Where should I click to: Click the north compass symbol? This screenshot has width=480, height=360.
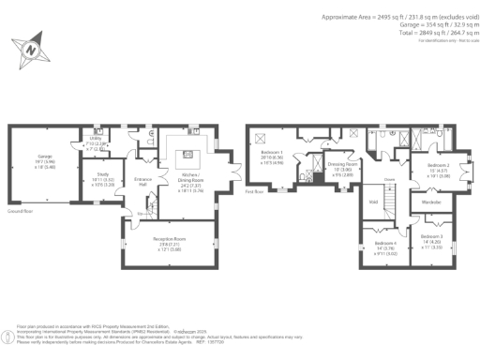pyautogui.click(x=33, y=47)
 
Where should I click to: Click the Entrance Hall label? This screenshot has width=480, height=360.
pyautogui.click(x=142, y=182)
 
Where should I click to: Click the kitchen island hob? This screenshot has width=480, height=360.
pyautogui.click(x=187, y=154)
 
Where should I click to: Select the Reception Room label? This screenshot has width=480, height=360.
pyautogui.click(x=169, y=243)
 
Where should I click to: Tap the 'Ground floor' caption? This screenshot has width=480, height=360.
pyautogui.click(x=21, y=212)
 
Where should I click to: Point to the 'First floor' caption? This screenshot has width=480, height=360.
pyautogui.click(x=255, y=191)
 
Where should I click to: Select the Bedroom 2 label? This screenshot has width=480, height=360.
pyautogui.click(x=440, y=169)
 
